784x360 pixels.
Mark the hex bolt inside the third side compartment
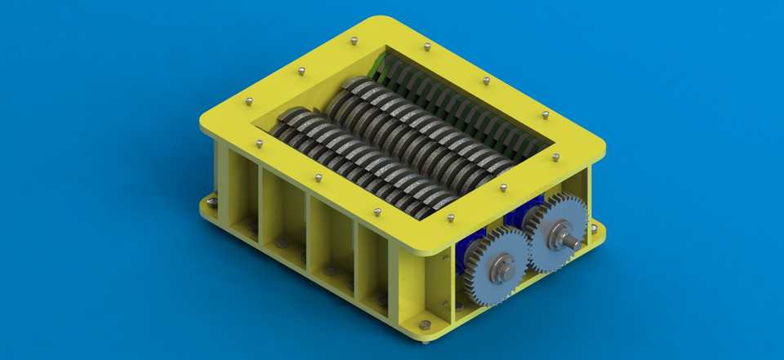(330, 270)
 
